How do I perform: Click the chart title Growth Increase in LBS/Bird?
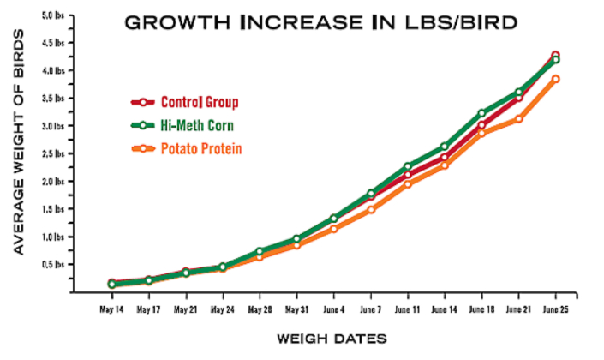(320, 22)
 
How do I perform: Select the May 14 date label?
(111, 309)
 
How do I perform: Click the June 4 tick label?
(333, 309)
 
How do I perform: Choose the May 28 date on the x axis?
(260, 309)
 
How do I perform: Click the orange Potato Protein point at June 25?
(555, 79)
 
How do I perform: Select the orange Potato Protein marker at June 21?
(518, 119)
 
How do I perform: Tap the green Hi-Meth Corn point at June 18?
(481, 113)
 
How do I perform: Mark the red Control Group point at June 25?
(555, 56)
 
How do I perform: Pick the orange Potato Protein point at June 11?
(407, 184)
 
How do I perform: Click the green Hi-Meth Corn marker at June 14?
(445, 147)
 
